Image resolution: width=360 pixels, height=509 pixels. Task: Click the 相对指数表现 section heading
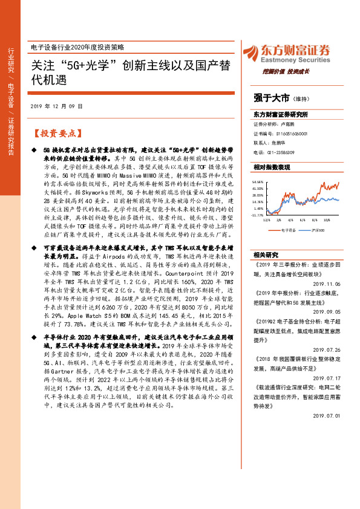pyautogui.click(x=272, y=166)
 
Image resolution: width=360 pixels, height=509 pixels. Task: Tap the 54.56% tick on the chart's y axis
pyautogui.click(x=259, y=181)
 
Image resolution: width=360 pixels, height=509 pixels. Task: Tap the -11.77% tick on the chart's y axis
pyautogui.click(x=258, y=215)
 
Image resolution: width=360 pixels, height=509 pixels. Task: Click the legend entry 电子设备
pyautogui.click(x=288, y=230)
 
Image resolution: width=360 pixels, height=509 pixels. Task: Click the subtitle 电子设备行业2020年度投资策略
pyautogui.click(x=76, y=47)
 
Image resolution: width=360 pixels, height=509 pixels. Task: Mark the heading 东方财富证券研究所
pyautogui.click(x=280, y=114)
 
